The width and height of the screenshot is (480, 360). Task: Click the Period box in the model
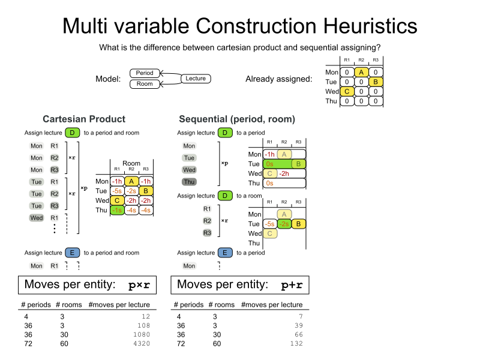coord(145,73)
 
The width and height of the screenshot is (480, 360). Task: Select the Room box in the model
coord(145,84)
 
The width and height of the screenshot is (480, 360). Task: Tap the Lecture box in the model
coord(196,79)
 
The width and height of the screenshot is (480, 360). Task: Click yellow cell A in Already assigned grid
coord(361,72)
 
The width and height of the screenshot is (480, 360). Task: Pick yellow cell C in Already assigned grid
coord(347,91)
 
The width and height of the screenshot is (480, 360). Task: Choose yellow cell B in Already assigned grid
coord(376,82)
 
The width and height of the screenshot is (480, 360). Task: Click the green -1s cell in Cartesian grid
coord(117,209)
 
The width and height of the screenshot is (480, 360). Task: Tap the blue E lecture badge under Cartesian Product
coord(72,253)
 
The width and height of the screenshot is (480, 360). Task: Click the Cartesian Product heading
coord(84,119)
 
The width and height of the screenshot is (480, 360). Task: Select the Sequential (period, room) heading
coord(237,119)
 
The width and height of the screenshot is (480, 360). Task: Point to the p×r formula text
coord(139,284)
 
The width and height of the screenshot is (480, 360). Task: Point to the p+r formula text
coord(292,284)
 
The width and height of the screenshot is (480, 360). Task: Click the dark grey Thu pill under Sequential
coord(189,182)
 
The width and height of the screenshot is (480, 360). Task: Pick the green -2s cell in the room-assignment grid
coord(284,224)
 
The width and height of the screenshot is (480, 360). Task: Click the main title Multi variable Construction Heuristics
coord(240,26)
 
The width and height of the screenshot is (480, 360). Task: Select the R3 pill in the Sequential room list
coord(207,232)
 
